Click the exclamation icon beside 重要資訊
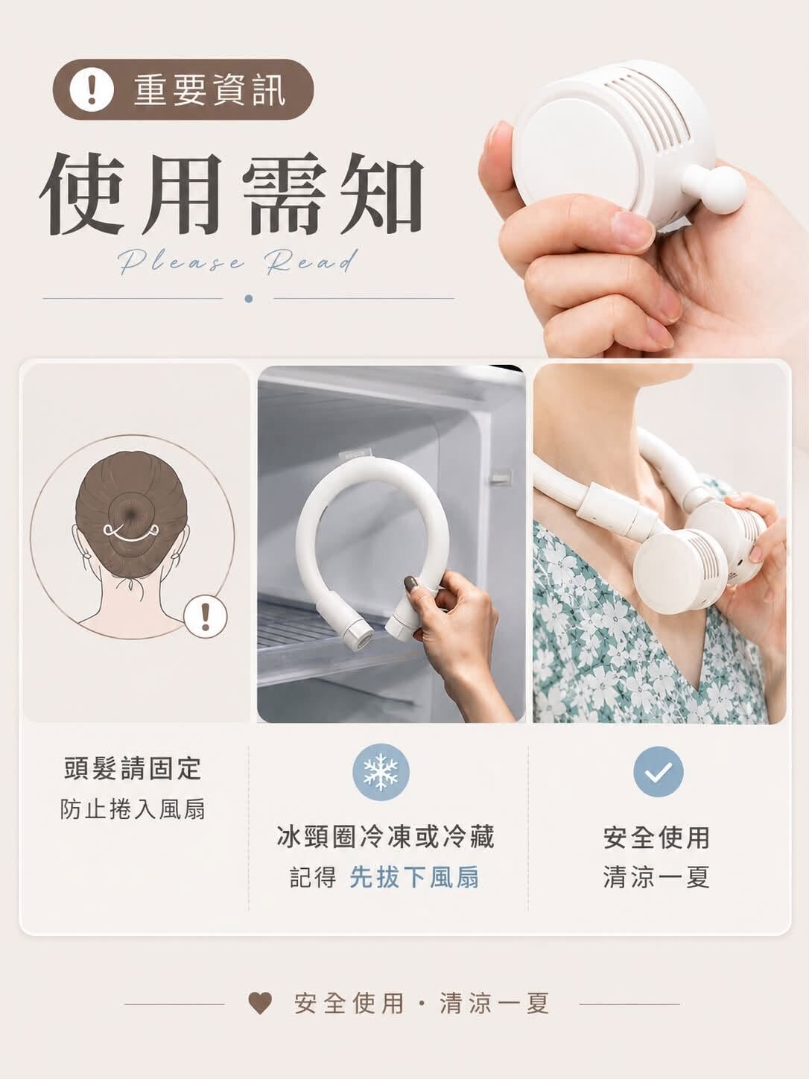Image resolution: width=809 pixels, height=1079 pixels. click(x=92, y=90)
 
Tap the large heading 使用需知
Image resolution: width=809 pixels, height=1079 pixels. click(x=232, y=194)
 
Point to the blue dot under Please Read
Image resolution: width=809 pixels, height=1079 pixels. click(x=249, y=298)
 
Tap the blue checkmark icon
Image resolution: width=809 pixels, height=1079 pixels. click(x=659, y=772)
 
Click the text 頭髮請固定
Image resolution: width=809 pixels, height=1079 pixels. click(x=133, y=769)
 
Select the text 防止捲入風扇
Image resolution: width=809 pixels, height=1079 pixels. click(x=133, y=809)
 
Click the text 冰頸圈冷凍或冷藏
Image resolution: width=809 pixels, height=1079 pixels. click(x=386, y=837)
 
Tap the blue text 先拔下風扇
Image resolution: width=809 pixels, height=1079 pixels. click(x=415, y=878)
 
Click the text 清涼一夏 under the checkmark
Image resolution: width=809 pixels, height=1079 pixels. click(x=657, y=878)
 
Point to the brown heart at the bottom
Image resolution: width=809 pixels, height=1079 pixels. click(x=260, y=1003)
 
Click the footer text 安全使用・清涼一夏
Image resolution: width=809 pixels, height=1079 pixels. click(x=422, y=1003)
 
